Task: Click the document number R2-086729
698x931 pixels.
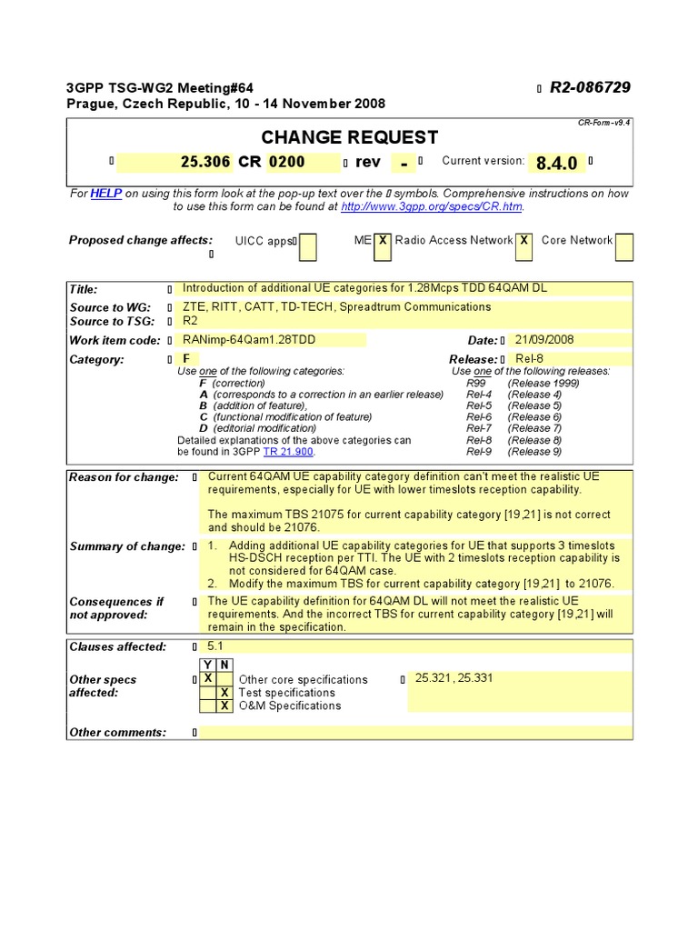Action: click(x=590, y=87)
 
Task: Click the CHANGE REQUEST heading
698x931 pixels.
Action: click(x=350, y=137)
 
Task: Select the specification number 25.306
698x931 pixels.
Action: click(x=206, y=162)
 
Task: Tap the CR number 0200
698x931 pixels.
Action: click(x=286, y=162)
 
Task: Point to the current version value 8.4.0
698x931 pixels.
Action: click(x=556, y=163)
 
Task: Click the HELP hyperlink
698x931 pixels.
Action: click(x=105, y=194)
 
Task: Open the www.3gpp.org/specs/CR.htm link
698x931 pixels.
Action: click(x=432, y=206)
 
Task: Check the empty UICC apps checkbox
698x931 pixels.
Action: click(x=308, y=246)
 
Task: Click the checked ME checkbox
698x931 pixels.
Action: click(x=384, y=241)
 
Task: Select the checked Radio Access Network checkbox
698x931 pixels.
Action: click(x=524, y=241)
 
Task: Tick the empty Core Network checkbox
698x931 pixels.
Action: click(x=624, y=246)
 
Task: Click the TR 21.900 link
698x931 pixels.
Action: click(x=288, y=452)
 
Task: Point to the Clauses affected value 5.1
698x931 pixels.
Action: click(x=215, y=646)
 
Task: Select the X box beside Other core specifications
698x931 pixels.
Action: click(x=208, y=678)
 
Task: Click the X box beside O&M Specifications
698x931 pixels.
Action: click(x=224, y=706)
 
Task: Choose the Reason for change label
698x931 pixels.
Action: click(x=124, y=477)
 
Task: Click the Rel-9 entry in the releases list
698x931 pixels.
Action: click(x=479, y=452)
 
